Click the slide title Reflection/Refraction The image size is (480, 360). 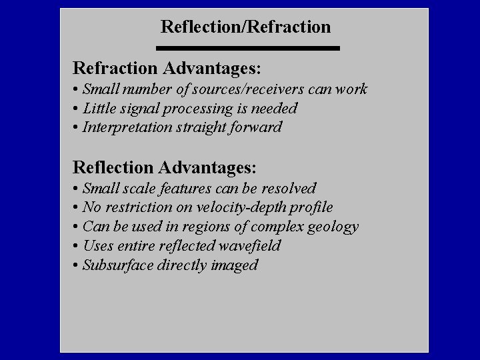tap(245, 27)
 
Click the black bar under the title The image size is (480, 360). tap(248, 48)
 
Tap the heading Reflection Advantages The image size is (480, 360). tap(165, 166)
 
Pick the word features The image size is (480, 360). tap(195, 189)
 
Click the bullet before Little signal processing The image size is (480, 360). tap(77, 109)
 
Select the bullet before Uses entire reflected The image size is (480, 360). tap(77, 246)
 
